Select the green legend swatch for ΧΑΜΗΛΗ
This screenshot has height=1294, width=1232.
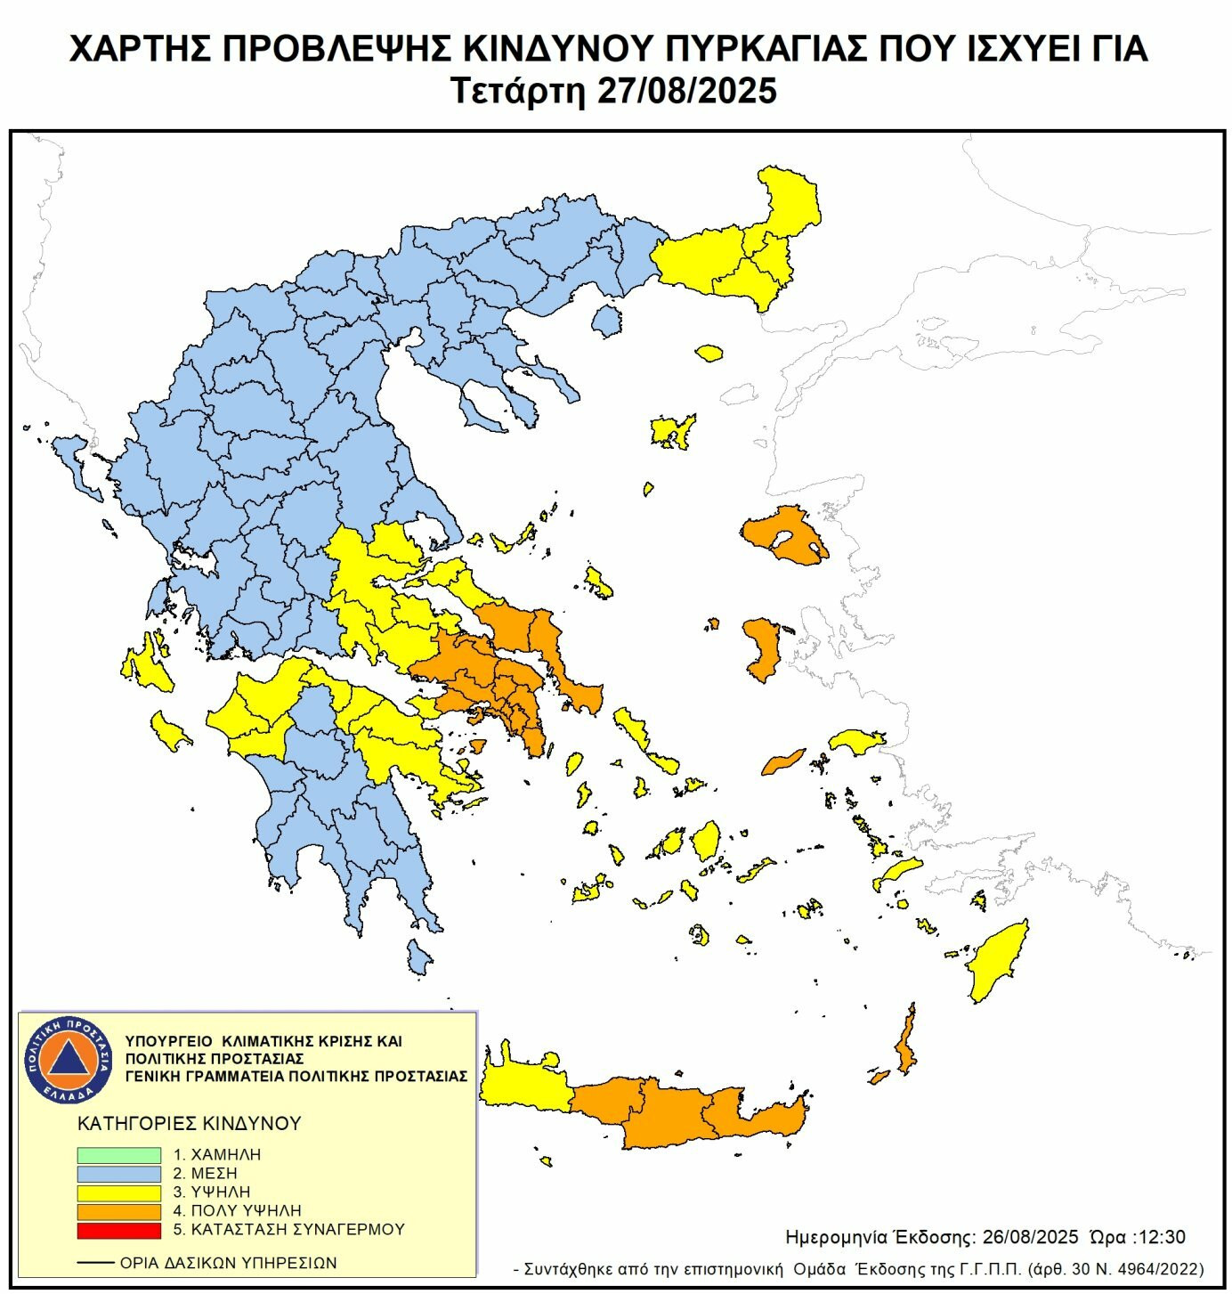tap(118, 1155)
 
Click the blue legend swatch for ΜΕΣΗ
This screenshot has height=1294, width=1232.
tap(118, 1174)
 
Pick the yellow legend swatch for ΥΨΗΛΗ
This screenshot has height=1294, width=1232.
tap(118, 1192)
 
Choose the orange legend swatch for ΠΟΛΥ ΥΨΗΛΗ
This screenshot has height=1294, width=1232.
tap(118, 1211)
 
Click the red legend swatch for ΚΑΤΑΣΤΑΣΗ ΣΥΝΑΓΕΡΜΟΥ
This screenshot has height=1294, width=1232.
tap(118, 1230)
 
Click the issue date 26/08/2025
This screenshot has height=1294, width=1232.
tap(1030, 1237)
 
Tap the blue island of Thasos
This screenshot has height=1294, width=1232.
tap(607, 320)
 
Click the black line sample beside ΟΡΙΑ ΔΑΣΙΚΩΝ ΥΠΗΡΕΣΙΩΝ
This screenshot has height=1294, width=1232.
tap(95, 1263)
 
